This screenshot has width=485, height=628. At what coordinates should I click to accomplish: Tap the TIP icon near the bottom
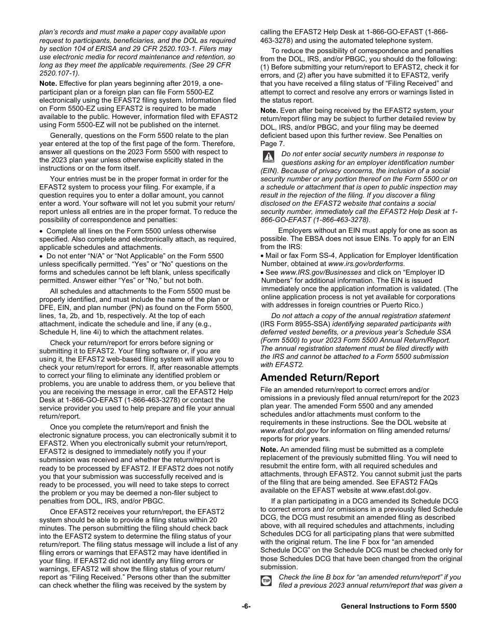tap(266, 581)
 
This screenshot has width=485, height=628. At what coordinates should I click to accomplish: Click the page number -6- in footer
tap(247, 606)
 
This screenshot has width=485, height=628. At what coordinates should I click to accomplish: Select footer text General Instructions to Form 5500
tap(398, 606)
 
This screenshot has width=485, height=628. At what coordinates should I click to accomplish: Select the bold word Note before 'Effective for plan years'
tap(48, 83)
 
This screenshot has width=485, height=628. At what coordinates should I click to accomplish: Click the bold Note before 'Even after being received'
tap(269, 110)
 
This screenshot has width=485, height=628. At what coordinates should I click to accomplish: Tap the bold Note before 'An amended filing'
tap(269, 449)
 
